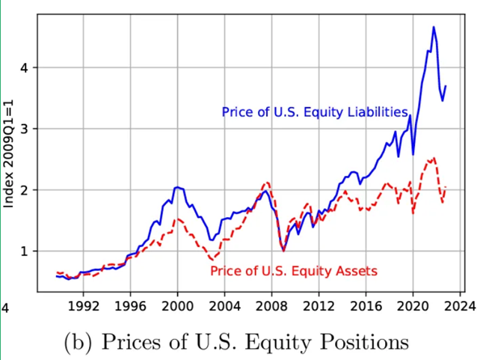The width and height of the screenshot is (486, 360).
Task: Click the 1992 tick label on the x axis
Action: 83,305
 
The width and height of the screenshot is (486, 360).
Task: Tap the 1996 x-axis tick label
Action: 130,305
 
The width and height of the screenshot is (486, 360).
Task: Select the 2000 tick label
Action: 177,305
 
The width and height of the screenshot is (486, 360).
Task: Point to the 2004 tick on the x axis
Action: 224,305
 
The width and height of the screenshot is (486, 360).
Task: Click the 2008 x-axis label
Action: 272,305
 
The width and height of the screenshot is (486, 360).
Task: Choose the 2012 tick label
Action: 319,305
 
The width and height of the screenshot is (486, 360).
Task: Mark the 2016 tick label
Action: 366,305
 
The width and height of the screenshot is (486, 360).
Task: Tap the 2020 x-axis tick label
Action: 413,305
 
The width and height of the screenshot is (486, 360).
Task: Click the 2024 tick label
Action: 461,305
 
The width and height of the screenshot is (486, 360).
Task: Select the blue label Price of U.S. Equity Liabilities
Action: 314,112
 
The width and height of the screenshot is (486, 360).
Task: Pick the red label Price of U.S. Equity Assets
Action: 293,271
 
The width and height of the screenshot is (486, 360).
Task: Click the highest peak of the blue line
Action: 434,27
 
